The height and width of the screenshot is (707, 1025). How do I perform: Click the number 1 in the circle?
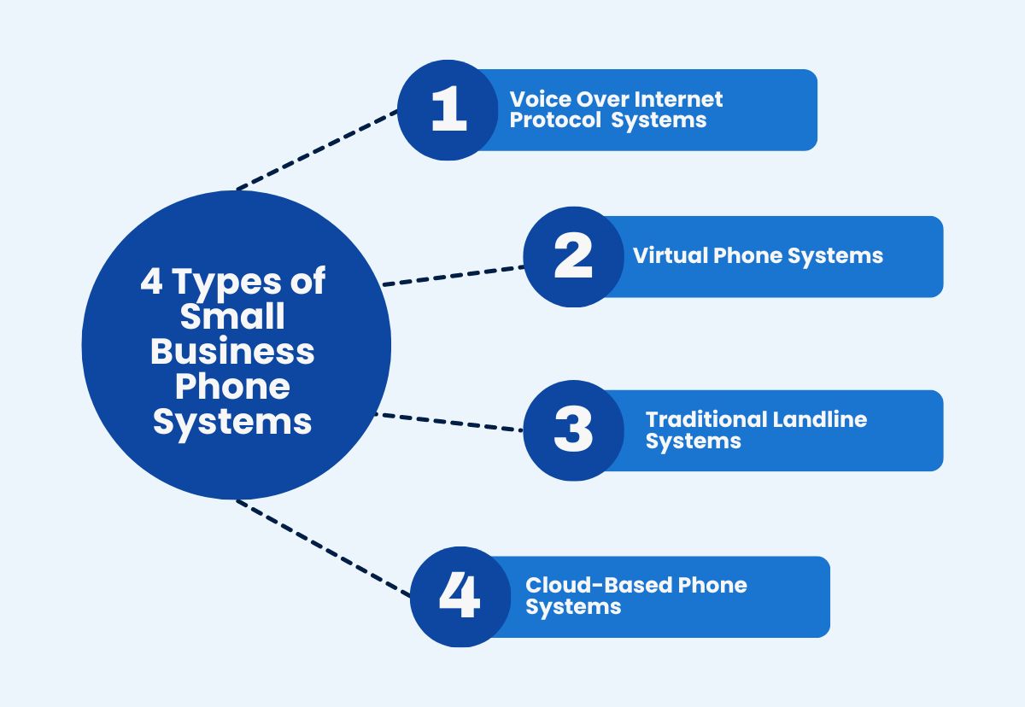click(x=448, y=111)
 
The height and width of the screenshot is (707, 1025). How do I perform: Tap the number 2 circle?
click(x=573, y=256)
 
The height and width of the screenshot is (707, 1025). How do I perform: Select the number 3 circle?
click(x=572, y=430)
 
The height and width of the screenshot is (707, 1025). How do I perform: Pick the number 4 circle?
click(x=460, y=597)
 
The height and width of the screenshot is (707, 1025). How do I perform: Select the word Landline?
click(x=820, y=419)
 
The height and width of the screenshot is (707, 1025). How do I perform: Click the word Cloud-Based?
click(x=598, y=586)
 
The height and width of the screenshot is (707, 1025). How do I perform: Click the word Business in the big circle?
click(x=232, y=352)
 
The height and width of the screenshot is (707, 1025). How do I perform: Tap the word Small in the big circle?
click(x=232, y=317)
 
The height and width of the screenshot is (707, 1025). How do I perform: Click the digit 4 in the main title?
click(x=151, y=282)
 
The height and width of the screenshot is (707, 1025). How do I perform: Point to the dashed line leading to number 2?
click(x=453, y=275)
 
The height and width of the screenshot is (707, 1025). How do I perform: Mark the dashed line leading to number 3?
click(x=449, y=423)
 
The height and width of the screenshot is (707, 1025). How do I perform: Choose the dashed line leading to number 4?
click(x=325, y=548)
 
